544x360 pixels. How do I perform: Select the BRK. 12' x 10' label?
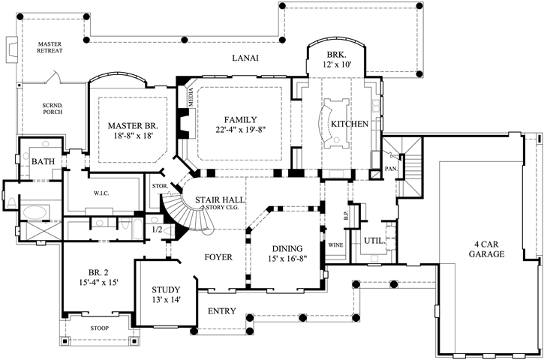tap(335, 61)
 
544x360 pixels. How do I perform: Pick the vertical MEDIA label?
tap(191, 99)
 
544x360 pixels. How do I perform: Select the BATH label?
tap(41, 160)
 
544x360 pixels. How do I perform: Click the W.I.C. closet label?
tap(102, 193)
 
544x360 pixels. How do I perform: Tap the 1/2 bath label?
tap(157, 229)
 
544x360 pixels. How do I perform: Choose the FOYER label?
tap(217, 257)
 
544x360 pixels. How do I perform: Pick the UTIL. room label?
tap(373, 241)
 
